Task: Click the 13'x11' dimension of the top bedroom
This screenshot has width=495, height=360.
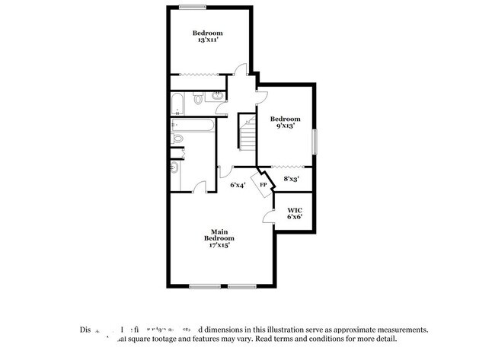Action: point(206,40)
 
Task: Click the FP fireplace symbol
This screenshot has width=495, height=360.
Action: point(263,185)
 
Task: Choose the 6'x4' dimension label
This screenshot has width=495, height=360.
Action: point(238,185)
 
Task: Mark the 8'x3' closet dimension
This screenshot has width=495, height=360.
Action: point(291,180)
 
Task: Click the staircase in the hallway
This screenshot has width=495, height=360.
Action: point(247,131)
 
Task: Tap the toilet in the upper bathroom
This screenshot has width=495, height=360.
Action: point(198,98)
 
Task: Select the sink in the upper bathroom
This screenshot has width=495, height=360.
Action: point(216,97)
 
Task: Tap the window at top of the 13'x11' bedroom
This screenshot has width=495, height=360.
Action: point(193,8)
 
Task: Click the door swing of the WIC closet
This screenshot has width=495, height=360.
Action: point(269,218)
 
